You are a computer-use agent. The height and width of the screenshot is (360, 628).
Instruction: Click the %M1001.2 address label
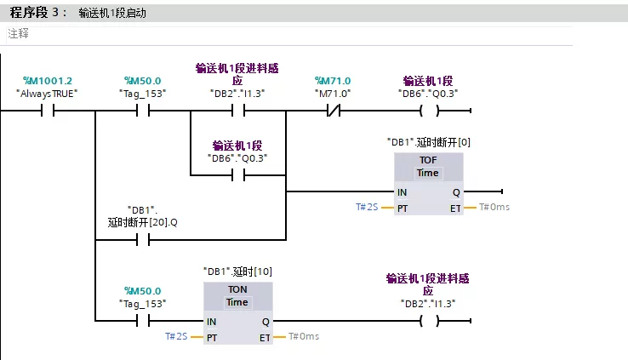(x=48, y=81)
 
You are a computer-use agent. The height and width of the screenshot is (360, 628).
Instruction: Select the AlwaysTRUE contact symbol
(x=48, y=110)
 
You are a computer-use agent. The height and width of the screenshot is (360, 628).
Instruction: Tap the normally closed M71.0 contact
(x=334, y=110)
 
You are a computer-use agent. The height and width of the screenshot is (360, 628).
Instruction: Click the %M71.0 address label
(x=333, y=81)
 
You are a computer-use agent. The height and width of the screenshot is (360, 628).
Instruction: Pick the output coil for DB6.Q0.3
(x=430, y=110)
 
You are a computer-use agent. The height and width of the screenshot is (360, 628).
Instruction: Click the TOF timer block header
(x=428, y=166)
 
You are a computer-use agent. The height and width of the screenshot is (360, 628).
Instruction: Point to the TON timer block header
(x=237, y=295)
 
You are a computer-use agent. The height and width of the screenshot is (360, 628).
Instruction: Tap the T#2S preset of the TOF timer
(x=367, y=207)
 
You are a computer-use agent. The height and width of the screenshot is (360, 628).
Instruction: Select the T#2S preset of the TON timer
(x=176, y=336)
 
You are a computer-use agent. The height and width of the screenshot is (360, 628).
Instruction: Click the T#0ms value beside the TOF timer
(x=494, y=207)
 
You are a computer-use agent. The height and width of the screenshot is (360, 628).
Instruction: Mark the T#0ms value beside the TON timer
(x=304, y=336)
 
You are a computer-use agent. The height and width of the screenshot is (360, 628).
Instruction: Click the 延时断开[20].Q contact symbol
(x=143, y=240)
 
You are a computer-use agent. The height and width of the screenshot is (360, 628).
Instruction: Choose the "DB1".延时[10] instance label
(x=237, y=271)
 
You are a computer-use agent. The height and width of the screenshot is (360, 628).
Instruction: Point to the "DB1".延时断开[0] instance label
(x=429, y=142)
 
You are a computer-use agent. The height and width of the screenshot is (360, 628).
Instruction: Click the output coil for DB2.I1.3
(x=430, y=320)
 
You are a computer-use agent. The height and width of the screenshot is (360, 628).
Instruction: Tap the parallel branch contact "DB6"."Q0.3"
(x=238, y=175)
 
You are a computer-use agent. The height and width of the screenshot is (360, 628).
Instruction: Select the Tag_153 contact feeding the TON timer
(x=143, y=320)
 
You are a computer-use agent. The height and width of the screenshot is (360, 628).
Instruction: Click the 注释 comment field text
(x=19, y=33)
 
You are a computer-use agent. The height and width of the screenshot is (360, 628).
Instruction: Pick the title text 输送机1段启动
(x=112, y=14)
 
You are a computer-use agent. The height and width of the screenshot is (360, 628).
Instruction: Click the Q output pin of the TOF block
(x=456, y=192)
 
